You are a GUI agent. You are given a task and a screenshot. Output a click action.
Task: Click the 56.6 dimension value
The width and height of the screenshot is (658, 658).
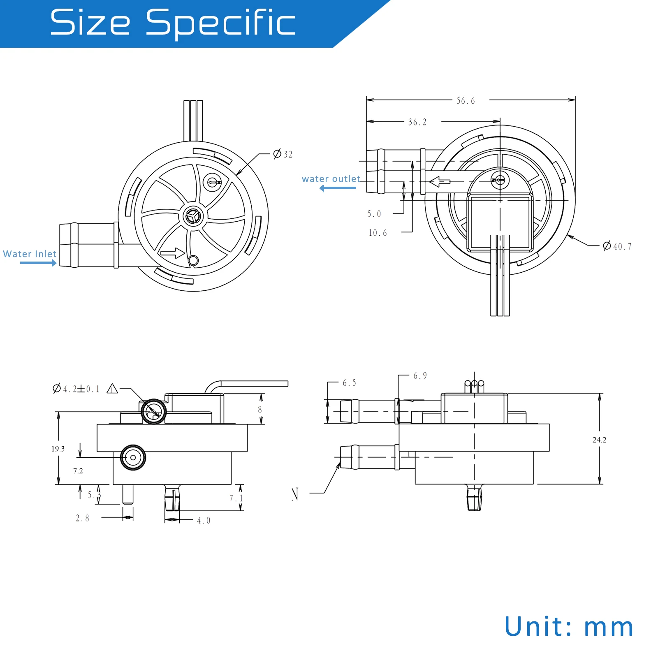coord(466,101)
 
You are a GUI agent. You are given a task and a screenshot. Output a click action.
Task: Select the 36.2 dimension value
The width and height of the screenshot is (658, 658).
coord(417,122)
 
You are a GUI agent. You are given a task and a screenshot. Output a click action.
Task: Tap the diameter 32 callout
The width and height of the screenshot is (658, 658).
coord(283,154)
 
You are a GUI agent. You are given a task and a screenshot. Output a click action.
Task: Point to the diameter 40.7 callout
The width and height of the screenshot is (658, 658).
coord(617,246)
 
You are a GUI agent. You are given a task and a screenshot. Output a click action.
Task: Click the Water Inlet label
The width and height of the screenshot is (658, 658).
coord(30,254)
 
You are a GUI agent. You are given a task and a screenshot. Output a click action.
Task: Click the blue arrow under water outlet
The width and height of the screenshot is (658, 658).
coord(338,188)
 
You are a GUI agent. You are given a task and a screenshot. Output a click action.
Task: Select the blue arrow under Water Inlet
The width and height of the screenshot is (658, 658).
coord(38,263)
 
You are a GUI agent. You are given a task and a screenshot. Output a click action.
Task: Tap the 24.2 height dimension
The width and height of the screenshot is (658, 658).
coord(599,440)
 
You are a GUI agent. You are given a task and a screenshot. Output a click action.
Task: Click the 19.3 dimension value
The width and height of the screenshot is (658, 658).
coord(58,449)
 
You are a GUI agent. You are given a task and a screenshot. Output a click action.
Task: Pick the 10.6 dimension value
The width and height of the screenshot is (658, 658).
coord(378,233)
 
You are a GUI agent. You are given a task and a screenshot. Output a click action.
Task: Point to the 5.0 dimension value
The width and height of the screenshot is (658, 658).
coord(374,214)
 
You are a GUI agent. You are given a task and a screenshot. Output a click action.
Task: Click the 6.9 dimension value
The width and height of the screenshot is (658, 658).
coord(420,375)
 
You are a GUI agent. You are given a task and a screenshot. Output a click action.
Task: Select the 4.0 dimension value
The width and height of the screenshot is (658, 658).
coord(204,521)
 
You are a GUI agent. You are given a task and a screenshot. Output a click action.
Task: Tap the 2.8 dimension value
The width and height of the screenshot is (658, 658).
coord(82,518)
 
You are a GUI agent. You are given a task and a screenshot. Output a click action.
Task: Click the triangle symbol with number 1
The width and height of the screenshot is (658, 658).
coord(112,389)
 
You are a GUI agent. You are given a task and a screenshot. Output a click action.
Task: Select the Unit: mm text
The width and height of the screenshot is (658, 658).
coord(569,627)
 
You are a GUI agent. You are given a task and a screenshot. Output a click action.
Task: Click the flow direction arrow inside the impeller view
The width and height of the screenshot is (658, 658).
coord(173,253)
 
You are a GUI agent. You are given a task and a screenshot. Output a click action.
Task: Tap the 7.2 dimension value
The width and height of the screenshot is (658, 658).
coord(78,471)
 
